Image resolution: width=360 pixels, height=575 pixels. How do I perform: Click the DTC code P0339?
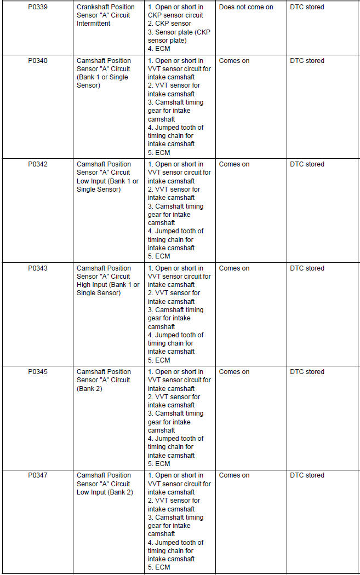pyautogui.click(x=38, y=7)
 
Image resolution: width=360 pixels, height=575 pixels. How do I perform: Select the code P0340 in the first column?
pyautogui.click(x=38, y=61)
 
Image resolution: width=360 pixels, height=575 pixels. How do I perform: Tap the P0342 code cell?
pyautogui.click(x=38, y=164)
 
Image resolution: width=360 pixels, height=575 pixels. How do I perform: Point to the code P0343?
pyautogui.click(x=38, y=268)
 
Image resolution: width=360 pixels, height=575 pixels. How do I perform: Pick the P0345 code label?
pyautogui.click(x=38, y=372)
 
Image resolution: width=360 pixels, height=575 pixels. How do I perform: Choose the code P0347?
pyautogui.click(x=38, y=475)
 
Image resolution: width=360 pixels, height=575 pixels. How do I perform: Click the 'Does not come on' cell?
pyautogui.click(x=246, y=7)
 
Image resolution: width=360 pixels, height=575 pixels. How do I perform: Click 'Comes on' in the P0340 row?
pyautogui.click(x=234, y=61)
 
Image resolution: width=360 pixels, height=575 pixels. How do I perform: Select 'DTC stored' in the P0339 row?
pyautogui.click(x=307, y=7)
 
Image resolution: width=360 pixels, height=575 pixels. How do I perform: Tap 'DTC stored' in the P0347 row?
pyautogui.click(x=307, y=475)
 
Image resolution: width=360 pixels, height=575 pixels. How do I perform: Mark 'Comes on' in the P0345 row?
pyautogui.click(x=234, y=372)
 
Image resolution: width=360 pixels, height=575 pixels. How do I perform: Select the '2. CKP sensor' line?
pyautogui.click(x=170, y=24)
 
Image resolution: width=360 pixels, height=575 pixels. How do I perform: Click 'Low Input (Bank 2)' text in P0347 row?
pyautogui.click(x=105, y=492)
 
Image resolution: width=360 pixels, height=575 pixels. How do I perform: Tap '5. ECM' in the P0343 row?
pyautogui.click(x=159, y=360)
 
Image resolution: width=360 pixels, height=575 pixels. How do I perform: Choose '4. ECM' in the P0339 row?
pyautogui.click(x=159, y=49)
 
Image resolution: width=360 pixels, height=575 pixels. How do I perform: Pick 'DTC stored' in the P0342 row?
pyautogui.click(x=307, y=164)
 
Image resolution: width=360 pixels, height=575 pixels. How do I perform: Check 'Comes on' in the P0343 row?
pyautogui.click(x=234, y=268)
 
